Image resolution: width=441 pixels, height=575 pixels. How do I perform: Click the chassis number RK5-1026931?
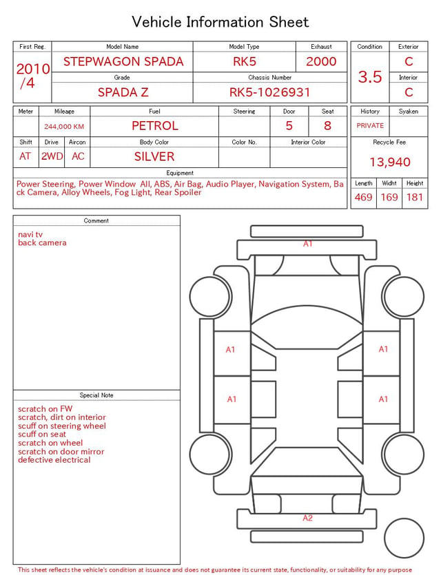pyautogui.click(x=269, y=92)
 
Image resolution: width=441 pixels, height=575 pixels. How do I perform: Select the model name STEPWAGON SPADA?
pyautogui.click(x=123, y=61)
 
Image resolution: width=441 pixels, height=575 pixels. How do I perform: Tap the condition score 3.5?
pyautogui.click(x=370, y=76)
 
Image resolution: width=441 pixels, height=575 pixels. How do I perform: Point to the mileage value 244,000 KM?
pyautogui.click(x=64, y=127)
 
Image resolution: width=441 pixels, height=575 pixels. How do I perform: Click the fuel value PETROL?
pyautogui.click(x=155, y=126)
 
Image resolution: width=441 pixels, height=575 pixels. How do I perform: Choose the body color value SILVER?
pyautogui.click(x=154, y=156)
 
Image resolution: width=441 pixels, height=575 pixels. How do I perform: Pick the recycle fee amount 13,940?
pyautogui.click(x=389, y=162)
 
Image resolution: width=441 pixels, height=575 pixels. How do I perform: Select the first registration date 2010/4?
pyautogui.click(x=33, y=76)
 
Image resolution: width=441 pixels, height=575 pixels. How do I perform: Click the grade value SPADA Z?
pyautogui.click(x=123, y=92)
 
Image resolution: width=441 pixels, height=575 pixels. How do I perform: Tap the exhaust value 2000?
pyautogui.click(x=321, y=61)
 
